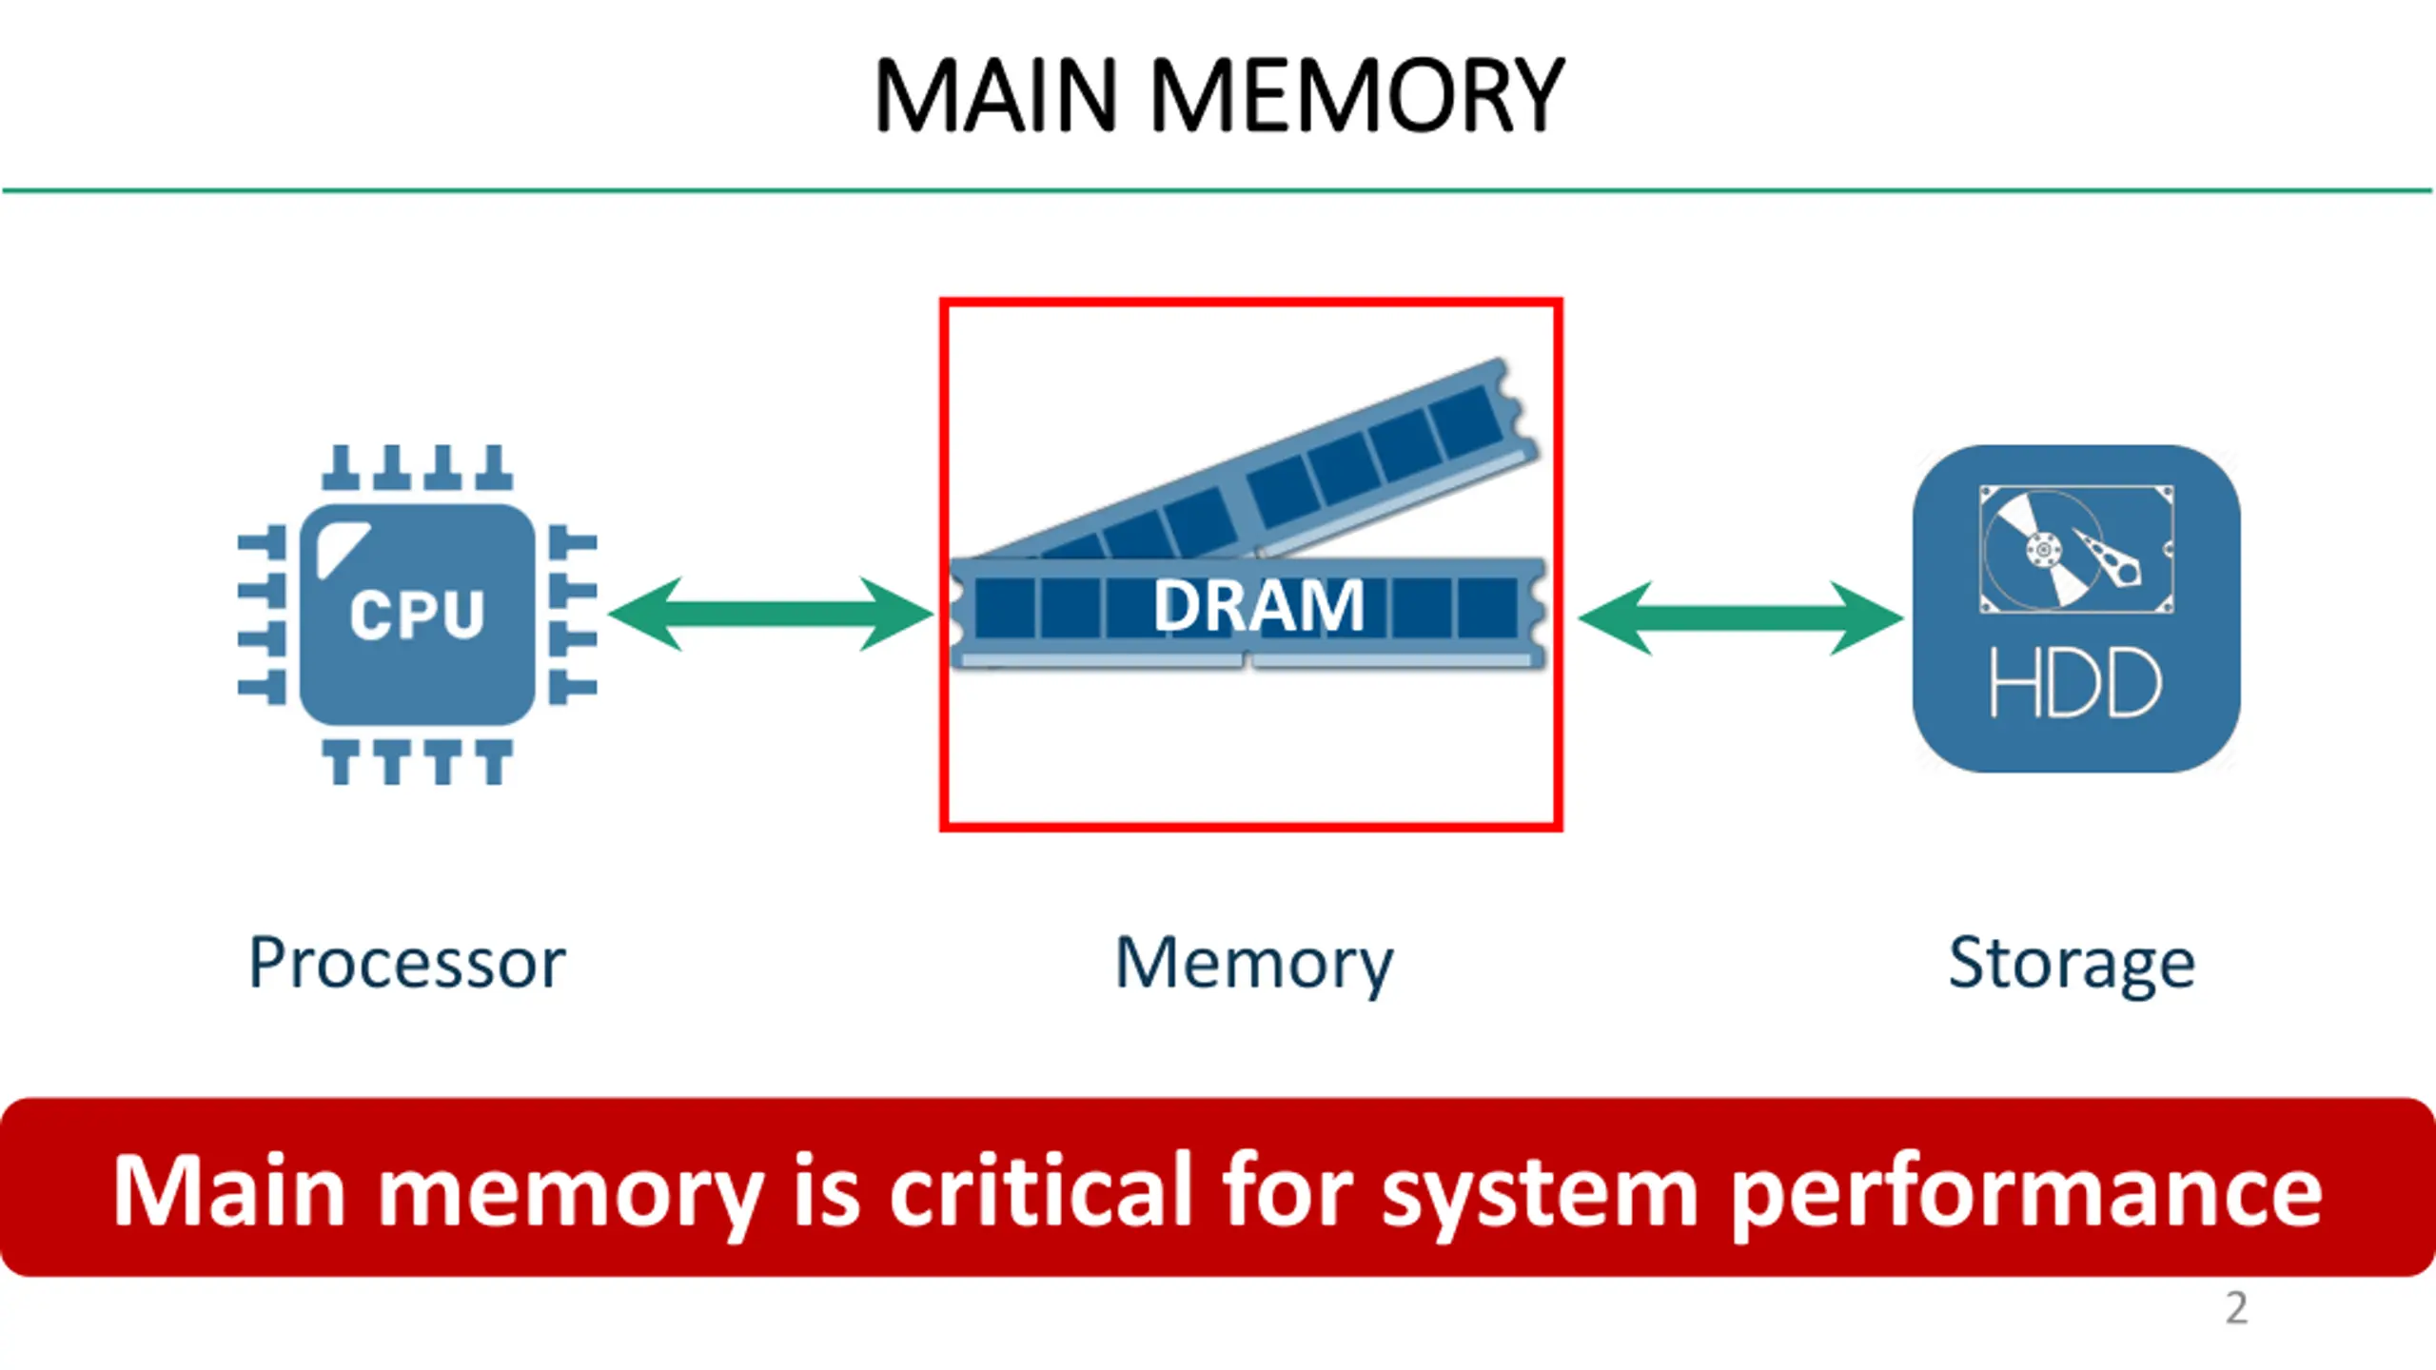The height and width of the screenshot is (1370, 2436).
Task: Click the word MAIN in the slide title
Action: (995, 95)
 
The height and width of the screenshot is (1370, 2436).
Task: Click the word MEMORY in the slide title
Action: (1358, 95)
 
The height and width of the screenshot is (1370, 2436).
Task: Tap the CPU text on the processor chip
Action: (417, 614)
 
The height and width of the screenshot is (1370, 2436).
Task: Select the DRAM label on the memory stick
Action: (1259, 605)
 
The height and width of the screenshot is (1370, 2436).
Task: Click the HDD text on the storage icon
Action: (2074, 682)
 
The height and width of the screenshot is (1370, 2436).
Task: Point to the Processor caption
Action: (407, 963)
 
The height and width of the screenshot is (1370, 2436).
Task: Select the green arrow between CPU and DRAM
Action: (771, 614)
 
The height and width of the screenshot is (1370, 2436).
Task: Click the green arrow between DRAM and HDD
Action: (1740, 618)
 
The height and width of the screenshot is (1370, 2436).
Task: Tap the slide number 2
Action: (2236, 1308)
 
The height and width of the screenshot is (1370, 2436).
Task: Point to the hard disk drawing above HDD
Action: (2076, 549)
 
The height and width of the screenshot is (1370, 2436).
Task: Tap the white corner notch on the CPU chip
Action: (343, 547)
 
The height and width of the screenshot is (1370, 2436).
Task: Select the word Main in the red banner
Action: (228, 1189)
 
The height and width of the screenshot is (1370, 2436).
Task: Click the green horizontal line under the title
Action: (1218, 191)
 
